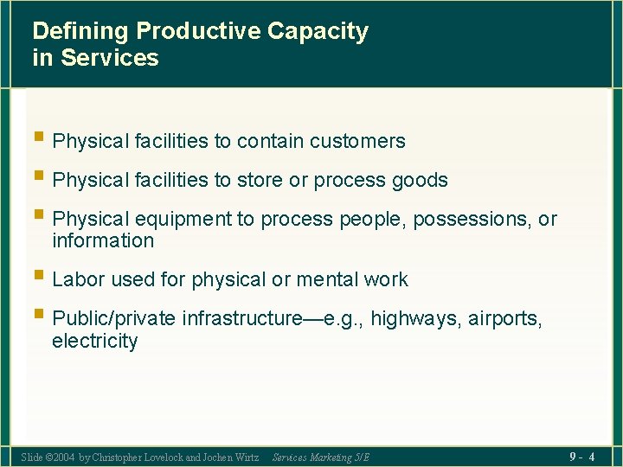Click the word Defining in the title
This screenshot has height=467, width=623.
coord(80,32)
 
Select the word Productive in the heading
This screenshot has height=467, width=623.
coord(198,32)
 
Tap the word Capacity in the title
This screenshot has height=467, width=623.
coord(318,32)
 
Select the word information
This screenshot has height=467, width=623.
coord(103,241)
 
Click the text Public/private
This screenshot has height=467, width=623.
coord(114,318)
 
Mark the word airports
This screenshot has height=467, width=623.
coord(505,318)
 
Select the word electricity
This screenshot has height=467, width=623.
coord(94,341)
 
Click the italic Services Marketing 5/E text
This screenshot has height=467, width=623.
coord(320,457)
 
